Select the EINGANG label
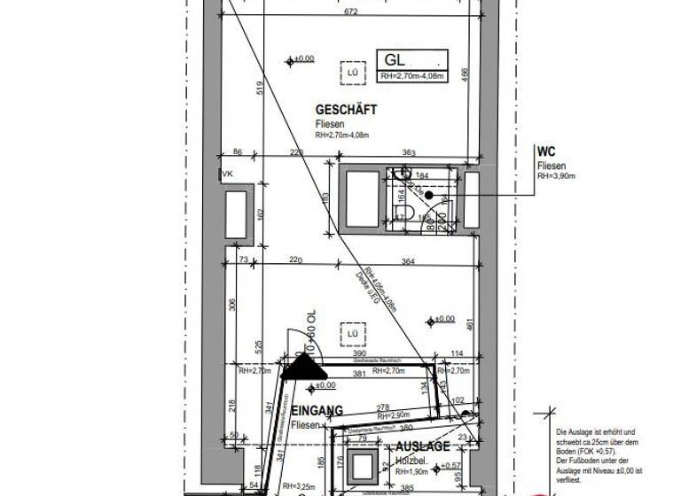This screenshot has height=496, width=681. point(317,410)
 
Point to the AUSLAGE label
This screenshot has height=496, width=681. point(422,446)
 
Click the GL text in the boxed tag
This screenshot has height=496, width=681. point(395,60)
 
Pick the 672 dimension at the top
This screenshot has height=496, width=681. point(352,12)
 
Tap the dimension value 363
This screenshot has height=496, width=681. point(409,153)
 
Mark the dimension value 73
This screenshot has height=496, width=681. point(243,260)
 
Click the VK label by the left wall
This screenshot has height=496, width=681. point(227,174)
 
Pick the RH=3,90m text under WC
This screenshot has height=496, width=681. point(556,176)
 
